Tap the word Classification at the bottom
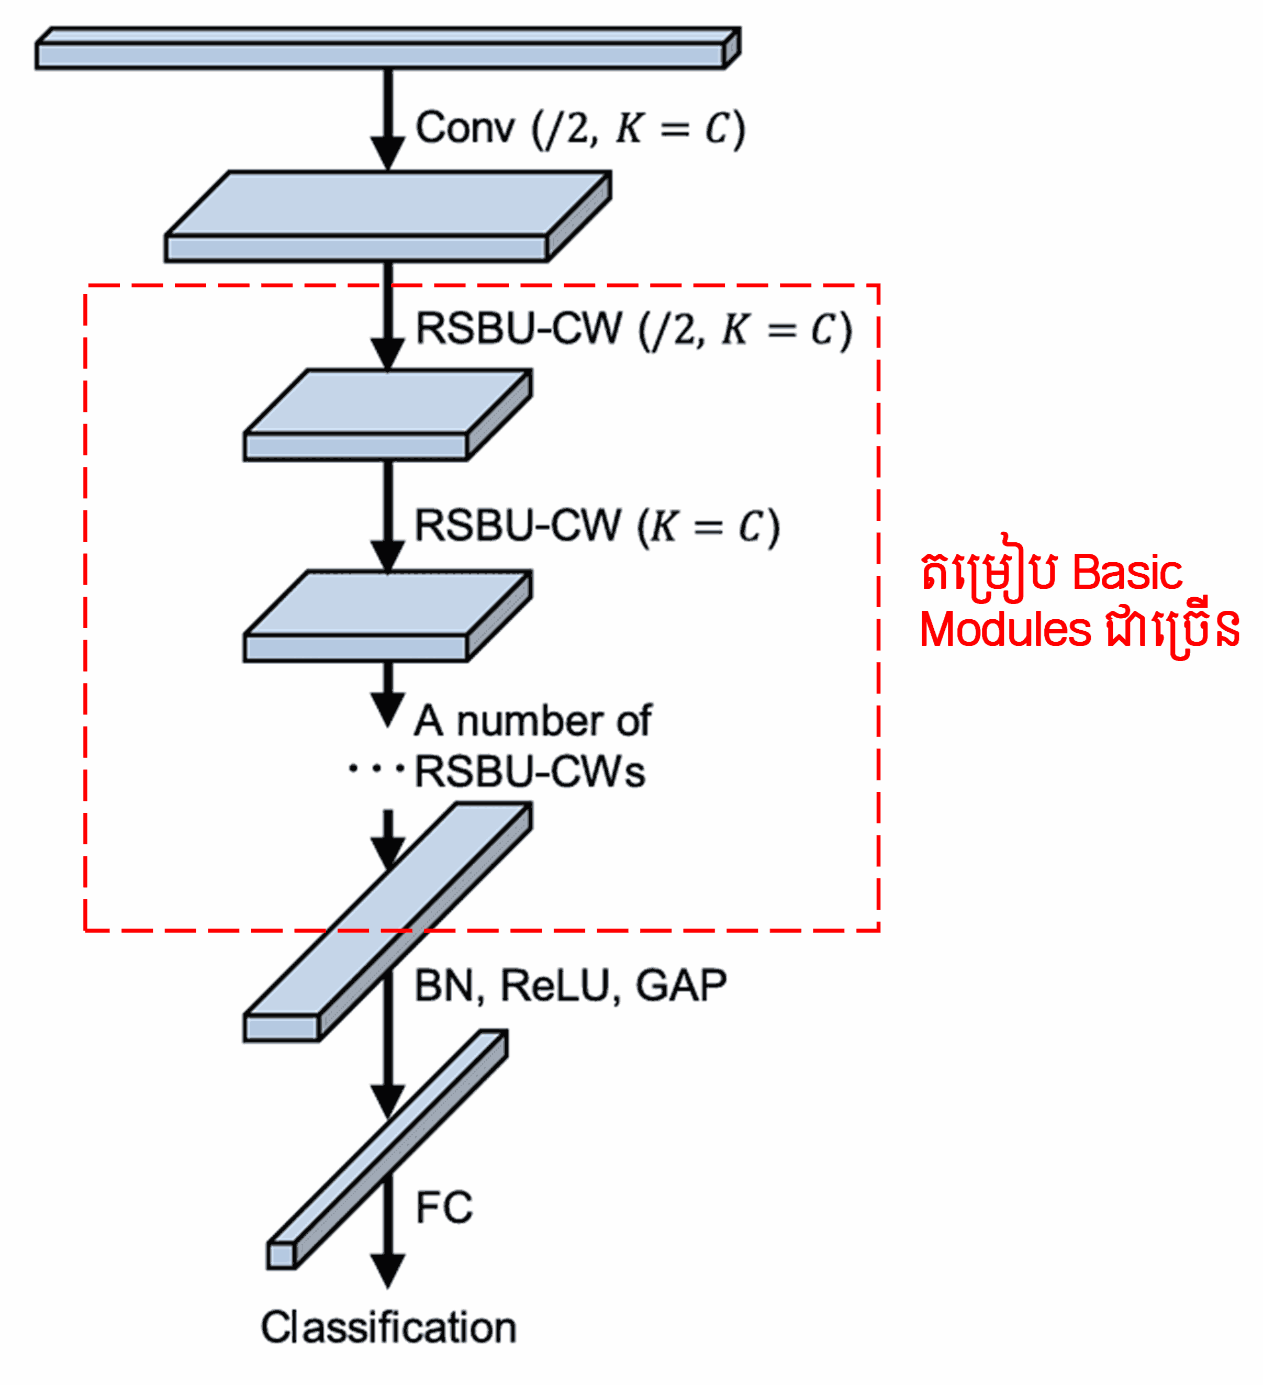tap(388, 1328)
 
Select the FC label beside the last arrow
tap(444, 1208)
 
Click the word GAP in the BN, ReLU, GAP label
tap(681, 986)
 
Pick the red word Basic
tap(1127, 572)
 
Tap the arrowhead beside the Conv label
tap(388, 152)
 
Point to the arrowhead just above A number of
tap(388, 708)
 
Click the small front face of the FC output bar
tap(281, 1256)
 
